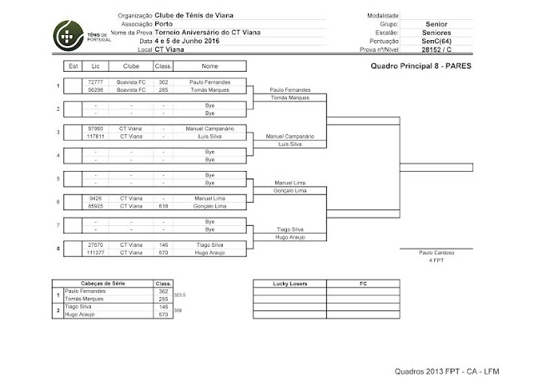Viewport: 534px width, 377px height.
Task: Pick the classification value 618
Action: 164,204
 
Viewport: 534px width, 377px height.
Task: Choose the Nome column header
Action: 209,64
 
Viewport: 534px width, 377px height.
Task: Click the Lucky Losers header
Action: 290,284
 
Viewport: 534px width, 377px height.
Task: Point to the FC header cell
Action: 361,284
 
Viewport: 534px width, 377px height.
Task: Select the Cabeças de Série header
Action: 103,284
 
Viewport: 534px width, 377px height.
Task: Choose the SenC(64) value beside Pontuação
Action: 435,41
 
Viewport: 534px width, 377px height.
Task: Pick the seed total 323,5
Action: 178,294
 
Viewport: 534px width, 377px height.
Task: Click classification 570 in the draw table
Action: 164,251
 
